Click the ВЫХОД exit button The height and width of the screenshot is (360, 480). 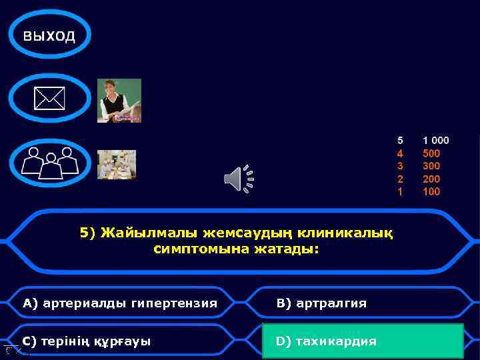pos(49,35)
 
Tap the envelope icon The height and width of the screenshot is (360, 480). pos(49,99)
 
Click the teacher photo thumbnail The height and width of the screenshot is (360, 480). pos(119,101)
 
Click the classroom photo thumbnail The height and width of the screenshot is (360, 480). pos(117,164)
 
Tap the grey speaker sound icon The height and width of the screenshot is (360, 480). pos(239,179)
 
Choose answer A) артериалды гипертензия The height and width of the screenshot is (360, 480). pos(120,303)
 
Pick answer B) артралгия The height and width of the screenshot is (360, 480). pos(321,303)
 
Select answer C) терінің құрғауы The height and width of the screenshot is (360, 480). pos(87,341)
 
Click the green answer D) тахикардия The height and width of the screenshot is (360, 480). pos(363,341)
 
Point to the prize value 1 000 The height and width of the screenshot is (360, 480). pos(436,141)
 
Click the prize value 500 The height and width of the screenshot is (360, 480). pos(431,153)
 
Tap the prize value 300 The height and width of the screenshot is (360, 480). pos(431,166)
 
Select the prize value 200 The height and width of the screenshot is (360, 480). pos(431,179)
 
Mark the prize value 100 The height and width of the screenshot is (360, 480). pos(431,192)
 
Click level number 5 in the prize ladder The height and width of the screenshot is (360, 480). pos(400,141)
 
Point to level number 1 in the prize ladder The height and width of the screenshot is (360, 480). pos(400,192)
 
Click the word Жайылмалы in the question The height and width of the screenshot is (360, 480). pos(137,233)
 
